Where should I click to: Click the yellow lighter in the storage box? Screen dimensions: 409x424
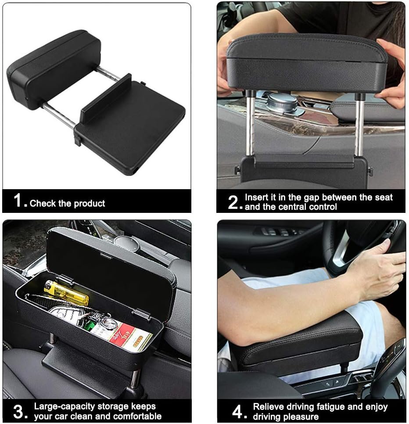click(x=67, y=292)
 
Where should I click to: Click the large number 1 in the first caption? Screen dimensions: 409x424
click(x=17, y=201)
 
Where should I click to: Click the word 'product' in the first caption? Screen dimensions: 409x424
click(x=90, y=203)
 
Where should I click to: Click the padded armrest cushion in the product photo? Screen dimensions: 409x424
click(x=54, y=69)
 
